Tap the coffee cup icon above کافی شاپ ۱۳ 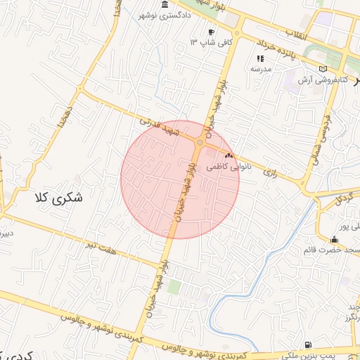click(211, 32)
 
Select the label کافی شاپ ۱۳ click(202, 43)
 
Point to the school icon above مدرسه click(260, 58)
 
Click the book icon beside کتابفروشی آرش click(323, 69)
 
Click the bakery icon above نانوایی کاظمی click(228, 155)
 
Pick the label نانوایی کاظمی click(227, 167)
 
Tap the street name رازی click(269, 171)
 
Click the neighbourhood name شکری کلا click(58, 198)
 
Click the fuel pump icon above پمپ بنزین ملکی click(309, 345)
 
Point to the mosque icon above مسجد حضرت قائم click(334, 240)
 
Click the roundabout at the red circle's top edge click(200, 143)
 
